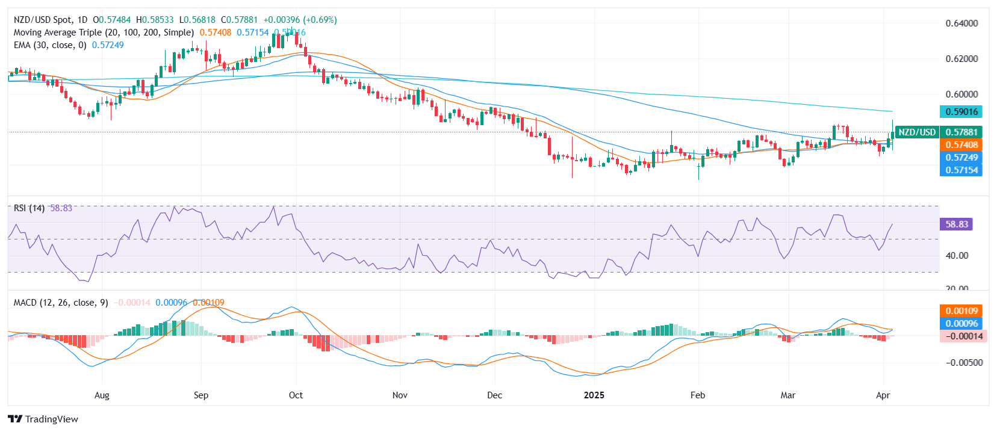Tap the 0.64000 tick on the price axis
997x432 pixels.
961,23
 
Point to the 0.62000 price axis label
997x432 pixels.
961,59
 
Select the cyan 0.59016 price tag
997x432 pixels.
961,111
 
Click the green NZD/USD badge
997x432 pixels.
917,132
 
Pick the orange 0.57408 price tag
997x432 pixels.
961,145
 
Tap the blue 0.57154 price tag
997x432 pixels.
961,170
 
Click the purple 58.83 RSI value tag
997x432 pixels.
956,224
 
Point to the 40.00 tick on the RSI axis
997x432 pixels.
957,256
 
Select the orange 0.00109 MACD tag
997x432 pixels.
961,311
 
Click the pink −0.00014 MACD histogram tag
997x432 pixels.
961,336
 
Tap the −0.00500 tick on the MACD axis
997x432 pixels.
964,363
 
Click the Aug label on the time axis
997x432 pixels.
102,395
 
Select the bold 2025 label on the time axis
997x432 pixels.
594,395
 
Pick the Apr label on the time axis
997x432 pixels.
883,395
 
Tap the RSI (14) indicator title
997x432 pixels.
29,208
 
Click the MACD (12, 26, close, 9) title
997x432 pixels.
61,303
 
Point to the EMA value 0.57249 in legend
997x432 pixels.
108,45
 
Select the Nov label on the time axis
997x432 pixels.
400,395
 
